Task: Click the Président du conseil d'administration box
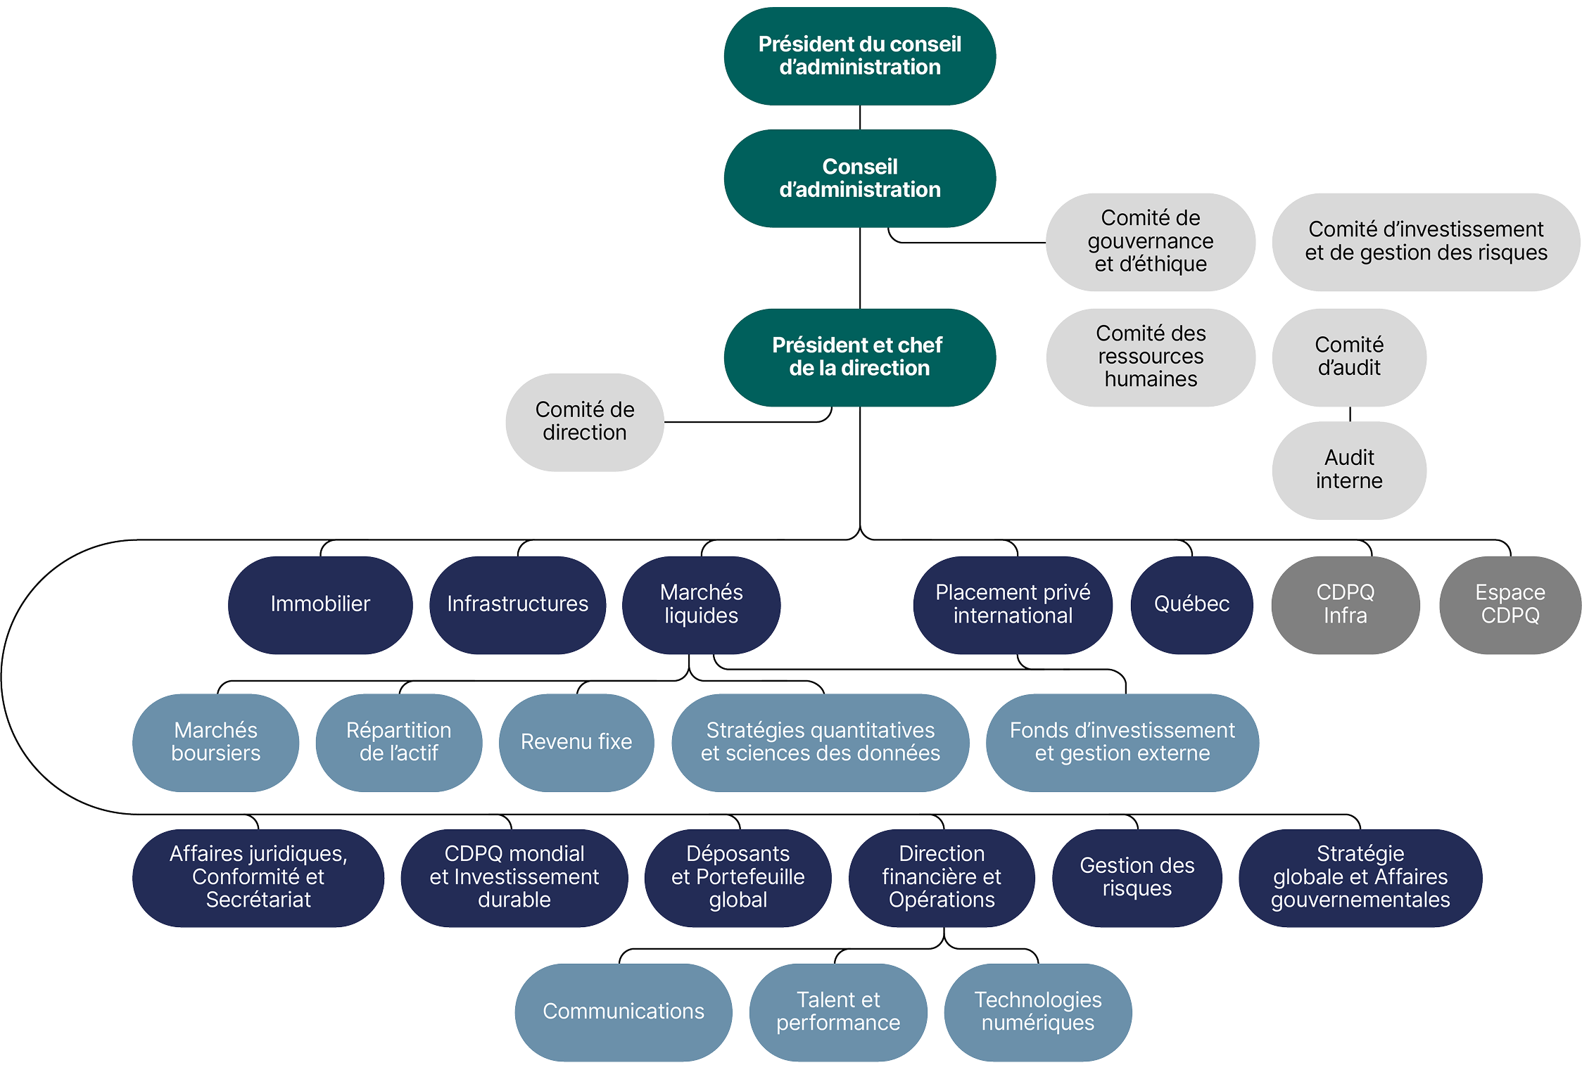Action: click(859, 56)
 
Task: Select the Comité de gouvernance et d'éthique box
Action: click(1150, 241)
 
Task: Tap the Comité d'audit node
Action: click(1348, 357)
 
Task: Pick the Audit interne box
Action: click(1348, 470)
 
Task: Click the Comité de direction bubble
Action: click(584, 421)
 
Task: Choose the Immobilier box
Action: click(320, 604)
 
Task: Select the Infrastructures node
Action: click(517, 604)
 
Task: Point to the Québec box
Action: click(1191, 604)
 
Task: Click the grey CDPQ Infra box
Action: click(1345, 604)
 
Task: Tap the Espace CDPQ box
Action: click(1510, 604)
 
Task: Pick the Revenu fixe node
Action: click(576, 742)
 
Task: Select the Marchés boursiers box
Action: click(215, 742)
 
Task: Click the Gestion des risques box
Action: click(1137, 877)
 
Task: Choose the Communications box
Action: click(623, 1012)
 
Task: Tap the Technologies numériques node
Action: click(1037, 1012)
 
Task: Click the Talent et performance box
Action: click(837, 1012)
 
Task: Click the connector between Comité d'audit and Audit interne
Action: click(1350, 414)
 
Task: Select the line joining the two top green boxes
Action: click(860, 117)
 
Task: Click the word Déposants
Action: click(738, 854)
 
